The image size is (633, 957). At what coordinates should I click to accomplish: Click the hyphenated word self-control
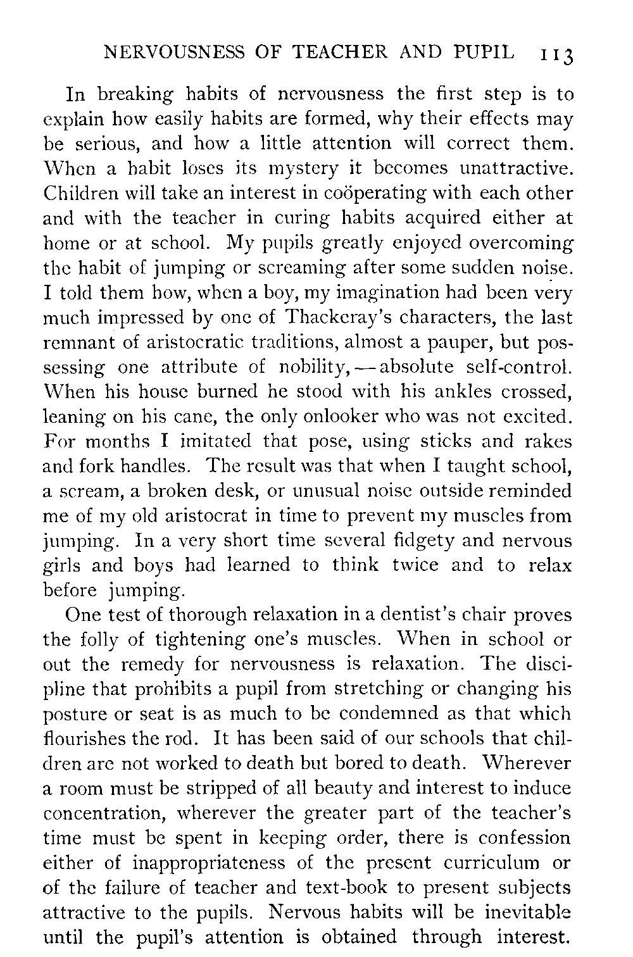(x=519, y=366)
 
